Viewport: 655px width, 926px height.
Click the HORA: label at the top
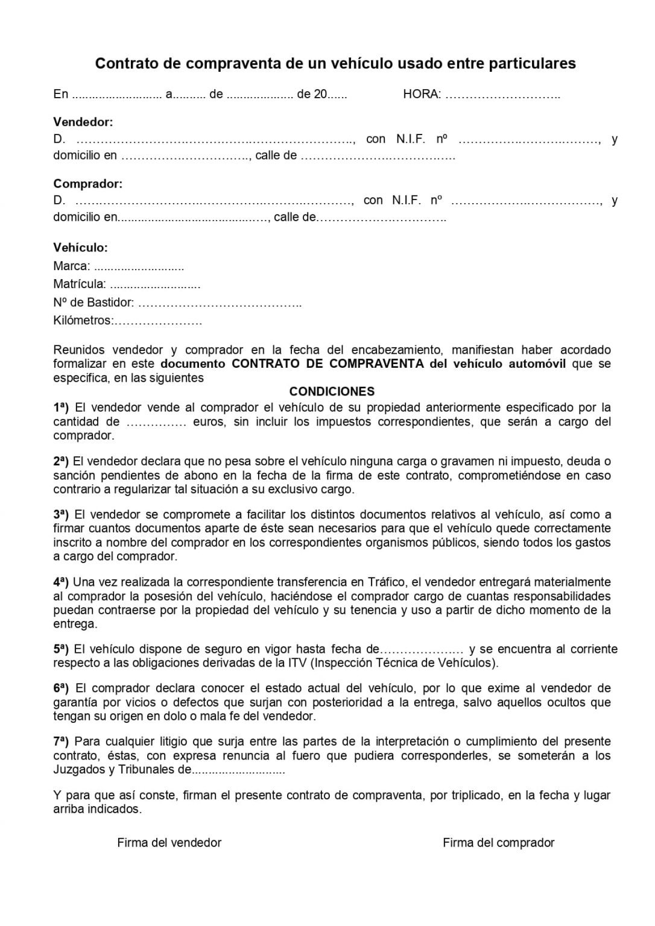422,95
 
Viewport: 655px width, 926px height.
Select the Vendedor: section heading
83,122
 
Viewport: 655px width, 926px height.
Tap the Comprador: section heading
87,184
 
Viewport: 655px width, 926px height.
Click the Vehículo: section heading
80,248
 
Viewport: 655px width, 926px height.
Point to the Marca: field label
72,266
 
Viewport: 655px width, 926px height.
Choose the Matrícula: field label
80,285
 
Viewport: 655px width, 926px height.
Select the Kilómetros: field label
83,321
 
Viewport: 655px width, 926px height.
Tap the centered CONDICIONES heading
332,392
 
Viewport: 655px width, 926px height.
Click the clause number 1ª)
62,407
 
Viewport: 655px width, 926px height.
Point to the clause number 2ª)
62,461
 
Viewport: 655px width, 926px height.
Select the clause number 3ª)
62,514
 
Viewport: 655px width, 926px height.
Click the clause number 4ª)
62,582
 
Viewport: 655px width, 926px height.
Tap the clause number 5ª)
62,649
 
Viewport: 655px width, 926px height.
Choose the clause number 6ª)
62,688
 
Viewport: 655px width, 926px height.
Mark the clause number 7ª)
62,742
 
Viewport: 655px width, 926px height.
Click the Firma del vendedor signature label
169,843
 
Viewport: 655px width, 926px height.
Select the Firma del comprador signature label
498,843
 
